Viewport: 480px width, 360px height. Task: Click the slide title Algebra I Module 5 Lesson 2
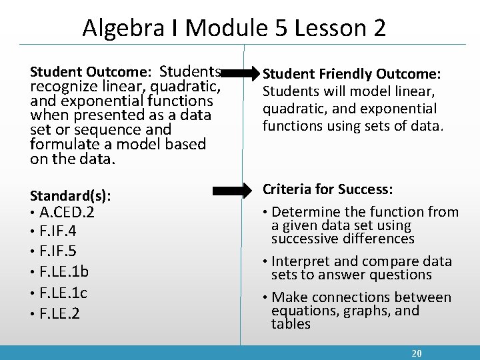click(234, 28)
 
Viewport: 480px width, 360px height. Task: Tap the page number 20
click(417, 353)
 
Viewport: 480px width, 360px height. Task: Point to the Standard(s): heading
click(71, 196)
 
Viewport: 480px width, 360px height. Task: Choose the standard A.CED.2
click(67, 213)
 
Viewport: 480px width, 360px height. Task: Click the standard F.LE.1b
click(64, 273)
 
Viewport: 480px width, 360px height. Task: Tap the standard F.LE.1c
click(63, 293)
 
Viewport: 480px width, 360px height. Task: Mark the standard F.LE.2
click(60, 313)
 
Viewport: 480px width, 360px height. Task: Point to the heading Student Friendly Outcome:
click(352, 73)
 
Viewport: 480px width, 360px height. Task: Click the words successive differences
click(343, 239)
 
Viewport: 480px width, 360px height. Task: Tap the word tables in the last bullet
click(291, 324)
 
